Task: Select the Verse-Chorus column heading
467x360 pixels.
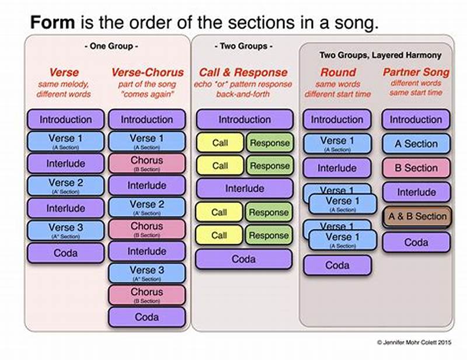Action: tap(147, 73)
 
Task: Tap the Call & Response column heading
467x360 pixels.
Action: tap(243, 73)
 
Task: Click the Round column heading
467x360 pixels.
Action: tap(338, 73)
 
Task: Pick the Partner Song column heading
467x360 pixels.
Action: tap(416, 73)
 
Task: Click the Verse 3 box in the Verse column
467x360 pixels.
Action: tap(65, 230)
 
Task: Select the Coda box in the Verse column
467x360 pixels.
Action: tap(65, 253)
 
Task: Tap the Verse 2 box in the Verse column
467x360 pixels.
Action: tap(65, 186)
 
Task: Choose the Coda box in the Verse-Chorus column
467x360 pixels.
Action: tap(147, 317)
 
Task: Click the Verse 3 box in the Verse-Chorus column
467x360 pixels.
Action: tap(147, 273)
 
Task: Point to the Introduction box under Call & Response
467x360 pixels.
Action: tap(244, 120)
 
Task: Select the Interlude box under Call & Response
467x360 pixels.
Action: tap(244, 188)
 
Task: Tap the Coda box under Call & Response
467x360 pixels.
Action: tap(244, 259)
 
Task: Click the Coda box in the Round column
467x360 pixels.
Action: tap(337, 265)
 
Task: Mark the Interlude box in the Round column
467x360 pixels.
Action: tap(337, 168)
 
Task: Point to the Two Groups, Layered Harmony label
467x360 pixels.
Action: tap(380, 55)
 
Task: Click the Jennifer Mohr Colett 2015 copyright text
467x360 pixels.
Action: tap(414, 341)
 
